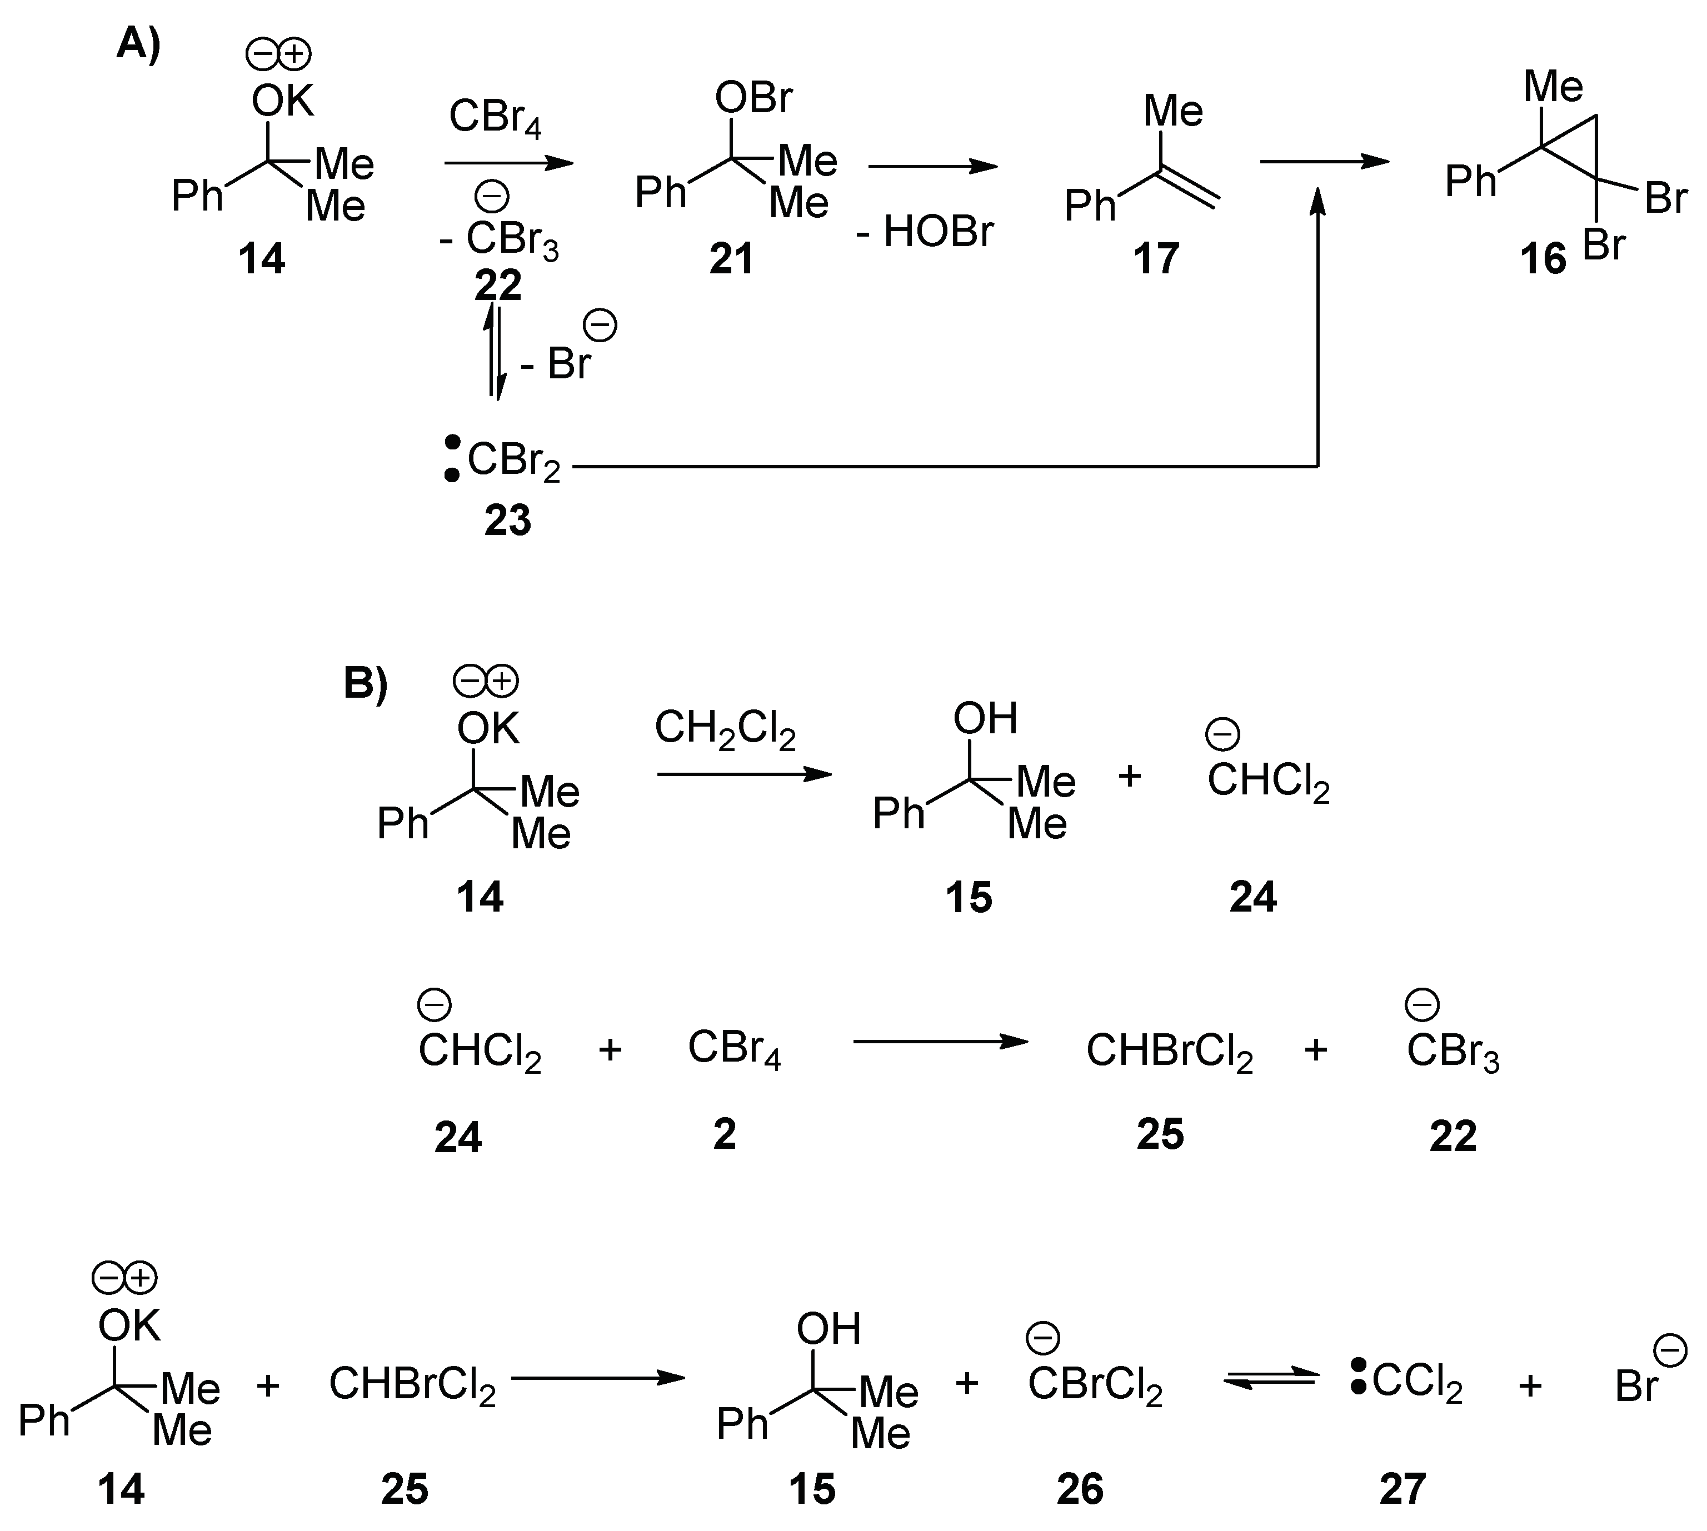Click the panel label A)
(138, 44)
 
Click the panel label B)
(365, 683)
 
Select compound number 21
(731, 258)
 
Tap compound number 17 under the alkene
(1156, 258)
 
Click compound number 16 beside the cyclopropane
(1543, 258)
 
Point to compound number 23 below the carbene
(507, 521)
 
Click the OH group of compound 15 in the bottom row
(828, 1329)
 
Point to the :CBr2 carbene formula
(503, 460)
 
